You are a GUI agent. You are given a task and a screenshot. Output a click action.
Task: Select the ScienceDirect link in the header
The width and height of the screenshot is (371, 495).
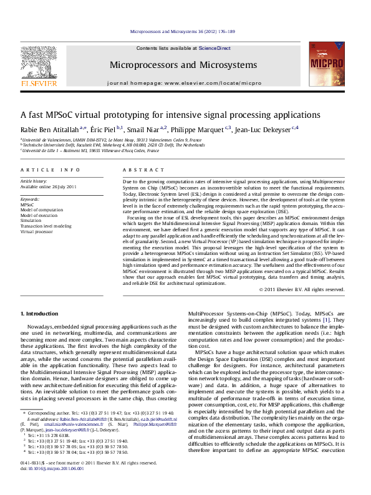[214, 48]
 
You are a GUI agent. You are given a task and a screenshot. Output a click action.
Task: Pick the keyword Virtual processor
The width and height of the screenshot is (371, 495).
[37, 231]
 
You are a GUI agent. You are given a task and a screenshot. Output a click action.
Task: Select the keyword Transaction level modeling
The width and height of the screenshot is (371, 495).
[47, 226]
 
